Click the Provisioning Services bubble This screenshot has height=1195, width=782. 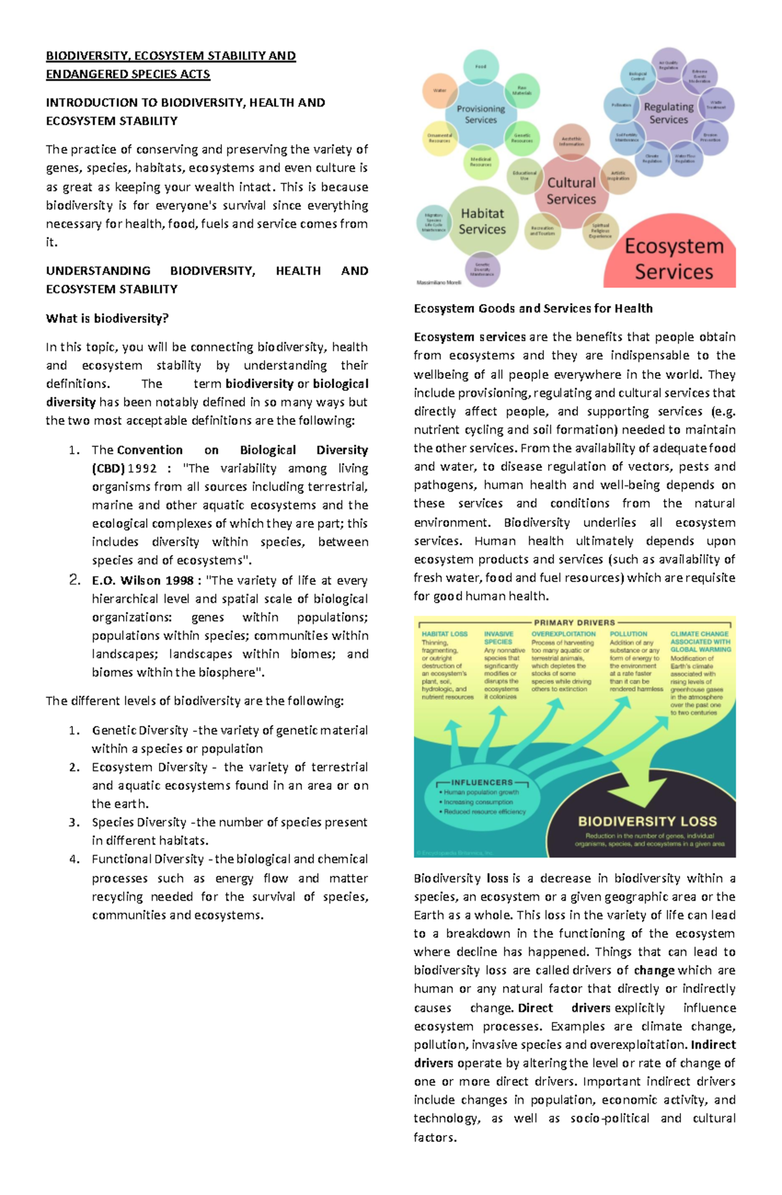tap(480, 114)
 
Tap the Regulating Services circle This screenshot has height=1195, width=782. tap(668, 113)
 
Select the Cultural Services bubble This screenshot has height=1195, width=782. tap(571, 191)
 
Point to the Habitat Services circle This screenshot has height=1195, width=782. tap(482, 221)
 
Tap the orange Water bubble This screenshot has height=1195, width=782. tap(440, 91)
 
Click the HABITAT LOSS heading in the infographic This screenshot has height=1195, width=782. tap(444, 634)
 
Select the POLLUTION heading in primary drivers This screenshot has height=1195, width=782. tap(628, 634)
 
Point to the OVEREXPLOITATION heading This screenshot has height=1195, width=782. tap(563, 634)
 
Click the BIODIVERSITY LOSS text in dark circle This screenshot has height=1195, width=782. tap(647, 821)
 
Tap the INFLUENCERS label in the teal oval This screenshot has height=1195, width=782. tap(482, 782)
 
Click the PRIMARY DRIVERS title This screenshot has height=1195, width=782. tap(574, 623)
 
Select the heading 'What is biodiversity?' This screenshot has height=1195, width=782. tap(107, 318)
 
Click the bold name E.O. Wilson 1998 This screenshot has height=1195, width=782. tap(143, 580)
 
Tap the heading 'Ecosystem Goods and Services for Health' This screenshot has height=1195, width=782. tap(532, 308)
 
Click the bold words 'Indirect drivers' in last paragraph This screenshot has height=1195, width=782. tap(713, 1045)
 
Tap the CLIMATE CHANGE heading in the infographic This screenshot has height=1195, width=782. tap(700, 634)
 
